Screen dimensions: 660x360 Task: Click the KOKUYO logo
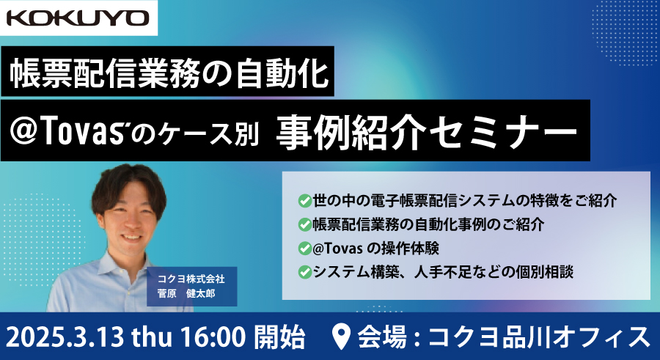point(78,18)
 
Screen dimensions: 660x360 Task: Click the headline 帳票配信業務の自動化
point(169,72)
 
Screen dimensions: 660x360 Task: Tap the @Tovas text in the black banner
point(69,131)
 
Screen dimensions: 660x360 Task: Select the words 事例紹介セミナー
point(427,131)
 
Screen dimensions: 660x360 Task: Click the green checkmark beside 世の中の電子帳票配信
point(304,201)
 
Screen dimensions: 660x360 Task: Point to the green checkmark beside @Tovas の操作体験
point(304,249)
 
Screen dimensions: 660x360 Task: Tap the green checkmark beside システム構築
point(304,272)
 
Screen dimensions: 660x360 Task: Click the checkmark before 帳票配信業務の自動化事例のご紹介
point(304,224)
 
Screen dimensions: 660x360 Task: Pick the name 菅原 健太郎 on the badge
point(186,293)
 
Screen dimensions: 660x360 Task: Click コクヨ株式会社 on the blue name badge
point(191,279)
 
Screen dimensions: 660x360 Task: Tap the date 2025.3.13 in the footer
point(65,337)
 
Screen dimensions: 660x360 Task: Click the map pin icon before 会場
point(341,337)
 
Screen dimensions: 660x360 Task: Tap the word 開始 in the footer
point(280,337)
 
